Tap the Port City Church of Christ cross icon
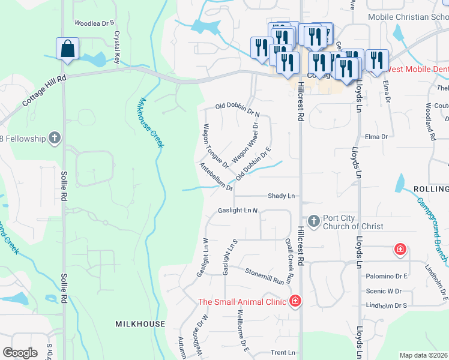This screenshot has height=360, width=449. click(x=313, y=222)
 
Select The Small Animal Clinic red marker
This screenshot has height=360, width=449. click(x=295, y=301)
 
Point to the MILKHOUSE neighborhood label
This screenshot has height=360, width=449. click(x=140, y=324)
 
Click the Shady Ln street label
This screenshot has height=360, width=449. click(x=282, y=196)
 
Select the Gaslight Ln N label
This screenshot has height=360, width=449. click(x=238, y=211)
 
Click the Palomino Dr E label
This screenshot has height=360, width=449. click(x=387, y=276)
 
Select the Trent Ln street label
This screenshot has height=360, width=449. click(x=284, y=353)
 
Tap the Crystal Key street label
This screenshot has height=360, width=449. click(x=117, y=47)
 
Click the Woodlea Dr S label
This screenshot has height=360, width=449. click(x=94, y=23)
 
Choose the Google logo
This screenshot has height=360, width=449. click(x=20, y=353)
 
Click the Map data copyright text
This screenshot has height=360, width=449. click(x=424, y=355)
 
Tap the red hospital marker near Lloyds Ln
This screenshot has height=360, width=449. click(x=399, y=248)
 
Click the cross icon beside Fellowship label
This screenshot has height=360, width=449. click(x=55, y=139)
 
